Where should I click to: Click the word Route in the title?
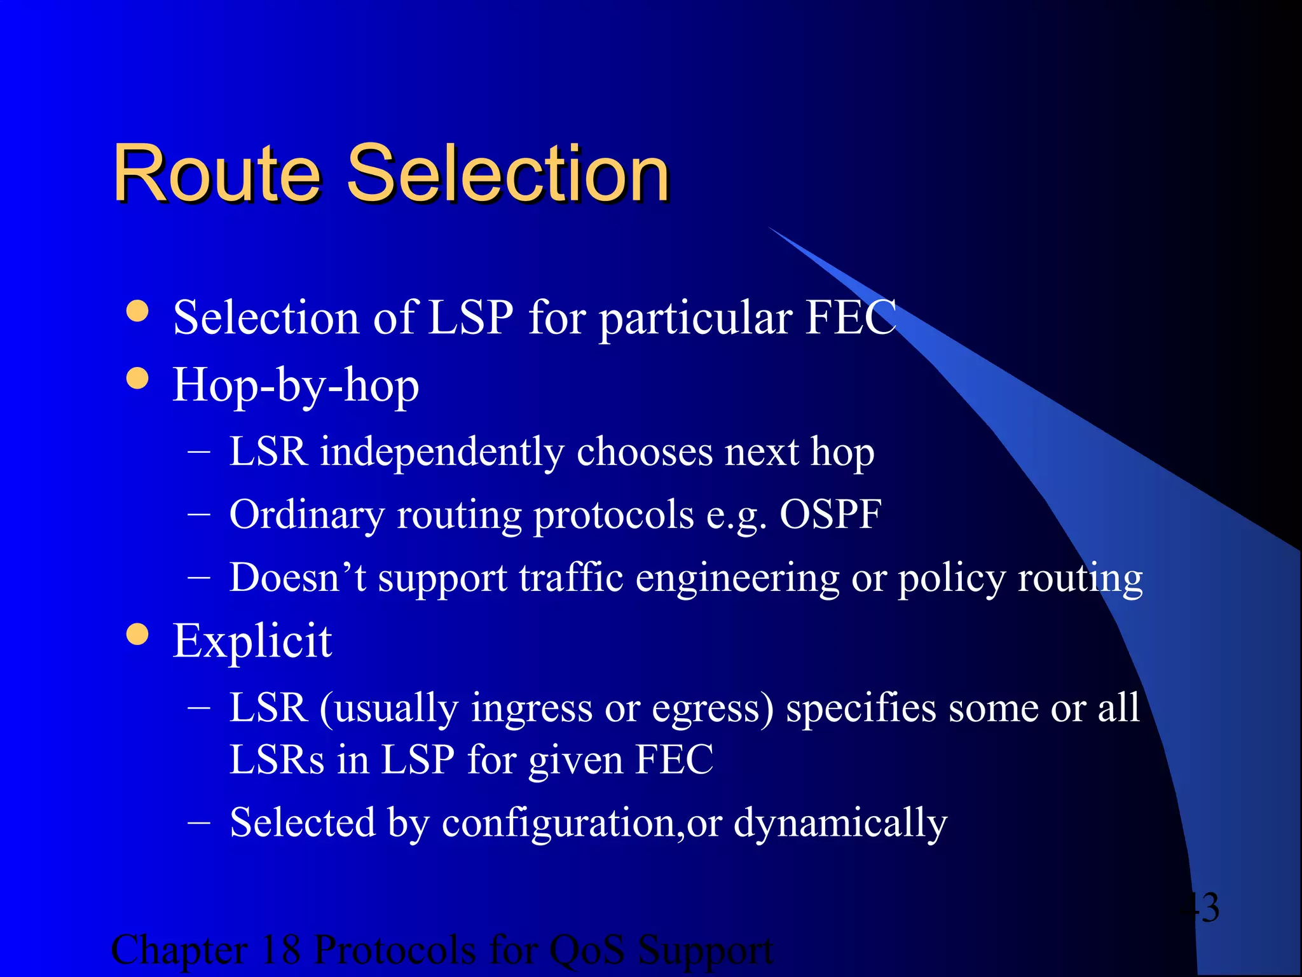coord(217,173)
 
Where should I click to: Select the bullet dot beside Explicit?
coord(137,634)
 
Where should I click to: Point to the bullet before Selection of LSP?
coord(137,311)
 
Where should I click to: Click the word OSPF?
coord(830,514)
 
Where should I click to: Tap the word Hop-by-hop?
coord(296,385)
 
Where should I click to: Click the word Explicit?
coord(252,641)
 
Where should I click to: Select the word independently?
coord(442,452)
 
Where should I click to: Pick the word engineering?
coord(737,579)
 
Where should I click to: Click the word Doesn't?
coord(298,578)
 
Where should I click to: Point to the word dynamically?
coord(840,823)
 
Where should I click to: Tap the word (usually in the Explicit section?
coord(388,708)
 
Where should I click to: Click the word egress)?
coord(713,708)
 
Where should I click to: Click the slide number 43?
coord(1198,907)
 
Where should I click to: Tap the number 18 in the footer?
coord(280,950)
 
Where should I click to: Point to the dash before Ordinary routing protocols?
coord(199,515)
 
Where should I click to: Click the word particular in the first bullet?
coord(696,317)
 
